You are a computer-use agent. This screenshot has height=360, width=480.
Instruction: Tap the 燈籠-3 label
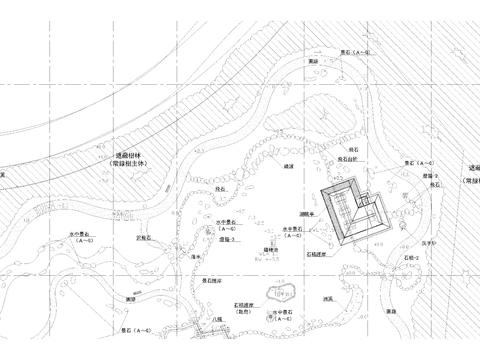click(x=228, y=241)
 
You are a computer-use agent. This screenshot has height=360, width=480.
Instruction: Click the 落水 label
click(x=196, y=256)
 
